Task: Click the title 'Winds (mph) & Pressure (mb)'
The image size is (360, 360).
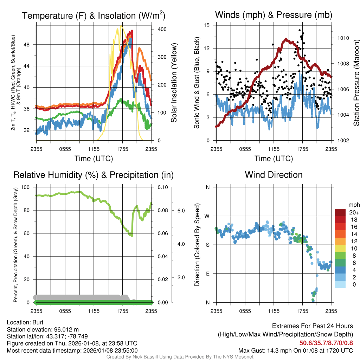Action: (274, 15)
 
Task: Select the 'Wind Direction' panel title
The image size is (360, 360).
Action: (274, 175)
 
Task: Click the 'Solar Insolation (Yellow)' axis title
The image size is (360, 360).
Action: (174, 83)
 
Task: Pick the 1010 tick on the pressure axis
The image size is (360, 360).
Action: (342, 38)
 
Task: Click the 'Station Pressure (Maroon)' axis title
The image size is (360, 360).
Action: (356, 83)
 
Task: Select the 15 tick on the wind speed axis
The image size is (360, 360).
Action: (207, 25)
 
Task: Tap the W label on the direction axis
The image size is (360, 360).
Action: (207, 216)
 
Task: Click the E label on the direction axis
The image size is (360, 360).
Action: (207, 274)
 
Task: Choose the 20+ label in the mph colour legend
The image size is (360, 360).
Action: (353, 212)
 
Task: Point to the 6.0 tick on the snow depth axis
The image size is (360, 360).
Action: (181, 210)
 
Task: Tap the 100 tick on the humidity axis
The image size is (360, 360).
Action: (26, 187)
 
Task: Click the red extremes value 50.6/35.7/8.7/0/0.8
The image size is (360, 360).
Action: (326, 343)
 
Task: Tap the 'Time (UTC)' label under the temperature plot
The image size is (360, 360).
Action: (94, 159)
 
